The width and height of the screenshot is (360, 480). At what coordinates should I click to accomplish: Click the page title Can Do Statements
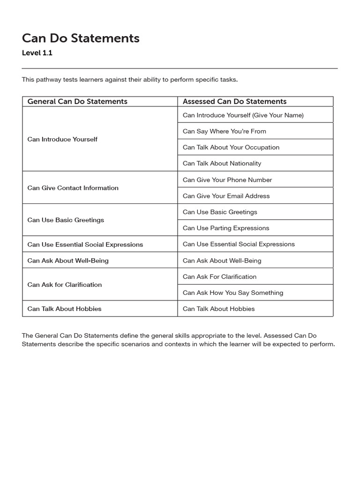point(81,38)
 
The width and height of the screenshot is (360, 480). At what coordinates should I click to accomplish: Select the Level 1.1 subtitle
point(37,53)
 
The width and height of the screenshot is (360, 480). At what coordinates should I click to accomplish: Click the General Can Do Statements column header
point(77,101)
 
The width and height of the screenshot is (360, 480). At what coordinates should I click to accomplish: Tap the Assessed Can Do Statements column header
point(234,101)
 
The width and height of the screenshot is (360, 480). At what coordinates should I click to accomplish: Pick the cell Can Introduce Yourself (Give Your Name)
point(243,115)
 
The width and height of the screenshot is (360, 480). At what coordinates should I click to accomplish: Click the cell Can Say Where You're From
point(224,131)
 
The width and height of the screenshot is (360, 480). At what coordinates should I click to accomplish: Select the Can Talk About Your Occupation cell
point(231,147)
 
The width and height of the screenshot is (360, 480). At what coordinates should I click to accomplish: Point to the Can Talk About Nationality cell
point(222,164)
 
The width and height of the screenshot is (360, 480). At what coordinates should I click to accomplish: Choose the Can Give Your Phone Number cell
point(227,180)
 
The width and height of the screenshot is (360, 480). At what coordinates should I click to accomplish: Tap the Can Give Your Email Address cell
point(226,196)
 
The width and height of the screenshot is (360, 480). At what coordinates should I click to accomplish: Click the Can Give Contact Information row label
point(73,188)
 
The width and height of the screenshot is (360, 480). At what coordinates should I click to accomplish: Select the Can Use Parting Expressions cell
point(226,228)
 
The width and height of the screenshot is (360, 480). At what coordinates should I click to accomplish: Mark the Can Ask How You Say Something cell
point(233,293)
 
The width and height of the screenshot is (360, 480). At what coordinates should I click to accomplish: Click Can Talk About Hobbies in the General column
point(64,309)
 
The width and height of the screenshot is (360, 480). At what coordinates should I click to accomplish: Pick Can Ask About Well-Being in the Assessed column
point(222,261)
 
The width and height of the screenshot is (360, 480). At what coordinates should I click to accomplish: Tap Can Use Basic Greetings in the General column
point(66,220)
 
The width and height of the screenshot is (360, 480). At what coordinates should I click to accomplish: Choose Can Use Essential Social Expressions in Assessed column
point(239,244)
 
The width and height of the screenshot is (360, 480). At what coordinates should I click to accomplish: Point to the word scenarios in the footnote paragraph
point(127,344)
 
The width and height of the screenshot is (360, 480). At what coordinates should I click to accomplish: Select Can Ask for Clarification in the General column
point(64,285)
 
